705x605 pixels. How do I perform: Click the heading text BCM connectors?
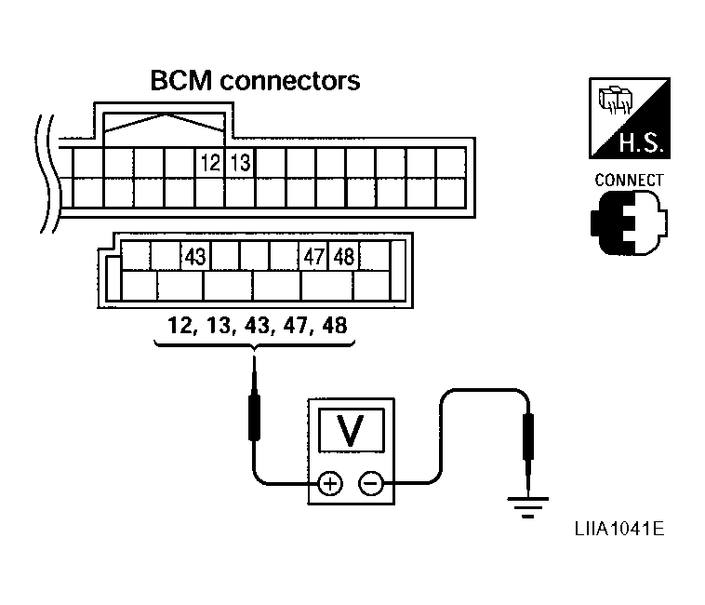[255, 81]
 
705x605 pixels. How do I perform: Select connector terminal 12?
[210, 164]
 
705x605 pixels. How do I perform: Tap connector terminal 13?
[240, 164]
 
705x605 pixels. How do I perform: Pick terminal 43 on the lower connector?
[194, 256]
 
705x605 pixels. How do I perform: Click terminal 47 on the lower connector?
[313, 256]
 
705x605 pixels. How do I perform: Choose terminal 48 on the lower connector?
[343, 256]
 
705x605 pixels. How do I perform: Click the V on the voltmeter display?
[351, 430]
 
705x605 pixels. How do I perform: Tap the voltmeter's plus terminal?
[330, 484]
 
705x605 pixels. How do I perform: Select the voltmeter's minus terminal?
[370, 484]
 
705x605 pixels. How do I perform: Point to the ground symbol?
[526, 507]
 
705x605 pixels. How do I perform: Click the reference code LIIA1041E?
[619, 530]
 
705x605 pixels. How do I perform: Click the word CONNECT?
[629, 180]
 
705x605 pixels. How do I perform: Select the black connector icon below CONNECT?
[628, 223]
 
